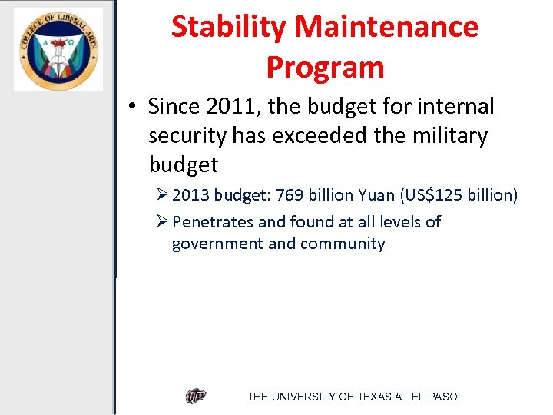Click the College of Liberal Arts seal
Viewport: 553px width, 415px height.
[58, 49]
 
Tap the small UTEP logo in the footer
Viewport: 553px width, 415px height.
[196, 397]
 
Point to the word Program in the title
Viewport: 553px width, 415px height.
[325, 68]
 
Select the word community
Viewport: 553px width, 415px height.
[343, 244]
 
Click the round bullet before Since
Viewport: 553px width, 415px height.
[134, 107]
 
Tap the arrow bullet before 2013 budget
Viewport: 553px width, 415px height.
[161, 195]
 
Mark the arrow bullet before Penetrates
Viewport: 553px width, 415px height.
[161, 222]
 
